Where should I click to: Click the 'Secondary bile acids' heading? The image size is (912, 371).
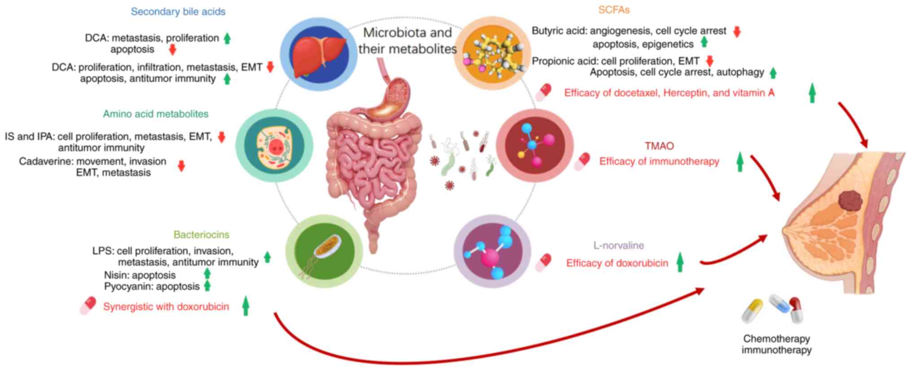pyautogui.click(x=178, y=12)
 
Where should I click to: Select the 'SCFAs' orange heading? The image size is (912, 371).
pyautogui.click(x=614, y=10)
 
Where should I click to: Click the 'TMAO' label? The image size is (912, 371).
pyautogui.click(x=659, y=146)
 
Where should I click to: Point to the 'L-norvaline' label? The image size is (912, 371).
pyautogui.click(x=618, y=245)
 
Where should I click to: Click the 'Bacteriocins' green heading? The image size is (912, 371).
pyautogui.click(x=201, y=234)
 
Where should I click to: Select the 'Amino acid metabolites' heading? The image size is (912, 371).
pyautogui.click(x=155, y=114)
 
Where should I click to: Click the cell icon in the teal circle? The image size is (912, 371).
pyautogui.click(x=274, y=146)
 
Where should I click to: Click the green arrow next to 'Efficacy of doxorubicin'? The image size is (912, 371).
pyautogui.click(x=680, y=262)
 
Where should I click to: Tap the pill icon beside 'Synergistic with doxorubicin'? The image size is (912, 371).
pyautogui.click(x=88, y=305)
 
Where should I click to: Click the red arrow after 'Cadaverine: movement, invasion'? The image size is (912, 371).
pyautogui.click(x=181, y=167)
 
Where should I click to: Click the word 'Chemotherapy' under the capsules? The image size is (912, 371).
pyautogui.click(x=776, y=339)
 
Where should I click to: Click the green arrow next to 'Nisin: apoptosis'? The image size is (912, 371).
pyautogui.click(x=207, y=274)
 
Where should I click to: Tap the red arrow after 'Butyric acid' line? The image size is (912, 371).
pyautogui.click(x=736, y=31)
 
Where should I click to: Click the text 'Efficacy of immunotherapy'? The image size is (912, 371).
pyautogui.click(x=659, y=161)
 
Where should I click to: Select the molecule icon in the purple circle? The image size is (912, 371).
pyautogui.click(x=492, y=252)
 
